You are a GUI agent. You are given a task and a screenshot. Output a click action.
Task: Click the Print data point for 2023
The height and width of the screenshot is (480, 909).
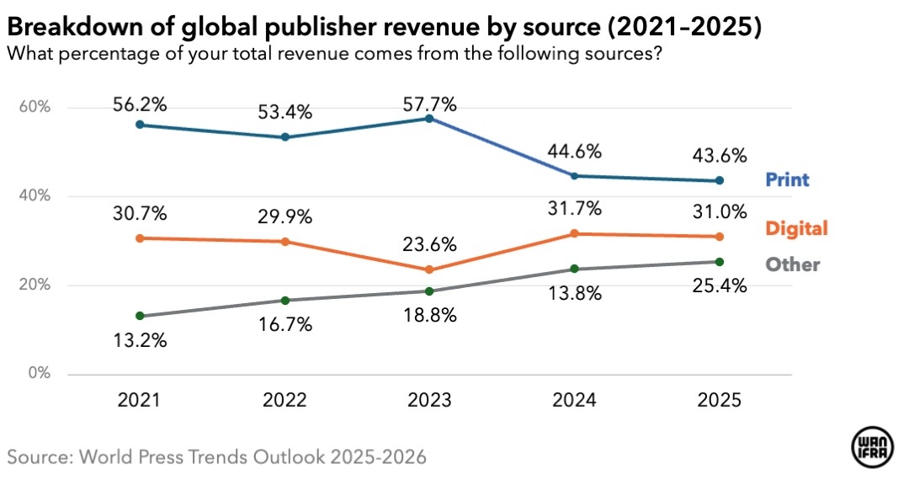429,119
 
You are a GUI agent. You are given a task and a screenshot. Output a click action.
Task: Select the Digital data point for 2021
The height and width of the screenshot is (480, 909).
140,238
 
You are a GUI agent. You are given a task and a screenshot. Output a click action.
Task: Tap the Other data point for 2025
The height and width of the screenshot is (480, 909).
719,262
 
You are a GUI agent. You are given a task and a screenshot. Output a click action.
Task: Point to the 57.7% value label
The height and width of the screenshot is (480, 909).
429,105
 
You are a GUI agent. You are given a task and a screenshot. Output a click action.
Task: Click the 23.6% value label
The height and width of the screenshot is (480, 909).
429,245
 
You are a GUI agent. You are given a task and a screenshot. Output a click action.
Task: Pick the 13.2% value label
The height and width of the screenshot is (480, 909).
140,341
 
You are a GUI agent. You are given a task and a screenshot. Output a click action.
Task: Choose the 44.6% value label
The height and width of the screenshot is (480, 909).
574,152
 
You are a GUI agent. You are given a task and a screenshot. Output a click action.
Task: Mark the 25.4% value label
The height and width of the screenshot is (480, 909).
719,286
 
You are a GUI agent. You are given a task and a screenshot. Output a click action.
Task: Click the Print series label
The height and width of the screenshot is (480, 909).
787,179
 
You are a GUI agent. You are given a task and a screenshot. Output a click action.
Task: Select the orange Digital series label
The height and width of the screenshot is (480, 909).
795,228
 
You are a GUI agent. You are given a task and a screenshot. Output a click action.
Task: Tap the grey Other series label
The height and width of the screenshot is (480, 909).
792,264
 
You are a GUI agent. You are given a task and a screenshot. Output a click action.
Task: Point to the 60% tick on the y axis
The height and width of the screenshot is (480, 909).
35,108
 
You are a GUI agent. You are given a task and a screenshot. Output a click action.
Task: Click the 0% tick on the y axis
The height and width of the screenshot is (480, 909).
38,373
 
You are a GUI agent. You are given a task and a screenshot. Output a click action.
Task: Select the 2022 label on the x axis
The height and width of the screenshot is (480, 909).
284,400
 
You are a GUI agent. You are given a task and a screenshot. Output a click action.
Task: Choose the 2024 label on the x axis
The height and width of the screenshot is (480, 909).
574,400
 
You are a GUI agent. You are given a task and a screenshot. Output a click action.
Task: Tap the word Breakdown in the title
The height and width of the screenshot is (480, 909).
66,29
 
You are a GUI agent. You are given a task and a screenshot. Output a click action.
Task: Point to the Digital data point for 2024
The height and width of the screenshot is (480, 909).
574,233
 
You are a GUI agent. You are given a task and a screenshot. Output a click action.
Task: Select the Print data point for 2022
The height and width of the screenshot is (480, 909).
284,137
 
